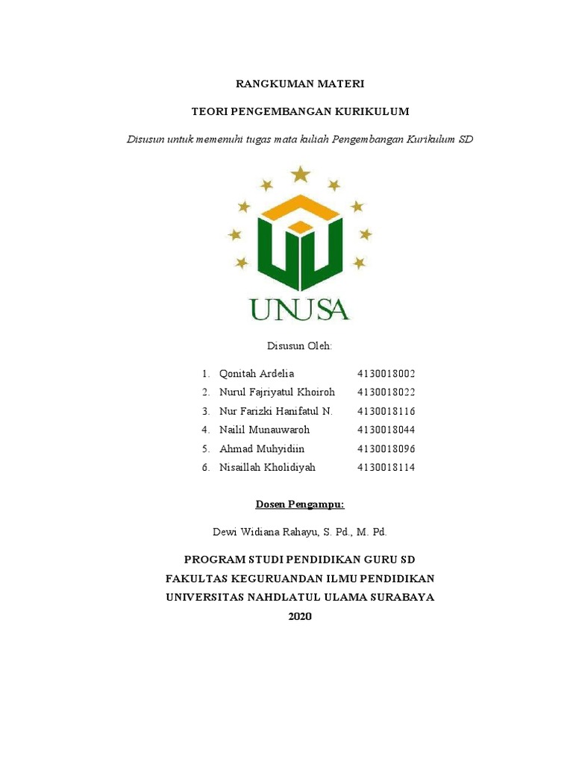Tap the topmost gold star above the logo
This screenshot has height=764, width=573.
coord(300,175)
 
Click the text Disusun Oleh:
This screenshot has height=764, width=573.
coord(299,346)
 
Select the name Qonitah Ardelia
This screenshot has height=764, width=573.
coord(257,373)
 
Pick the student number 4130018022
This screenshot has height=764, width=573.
coord(386,392)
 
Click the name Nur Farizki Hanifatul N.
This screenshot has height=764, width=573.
coord(275,411)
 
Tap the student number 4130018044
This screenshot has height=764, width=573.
coord(386,430)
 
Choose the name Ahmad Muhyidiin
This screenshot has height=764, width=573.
coord(262,449)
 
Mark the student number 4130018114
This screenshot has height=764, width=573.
coord(386,468)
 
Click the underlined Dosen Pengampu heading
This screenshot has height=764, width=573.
coord(300,505)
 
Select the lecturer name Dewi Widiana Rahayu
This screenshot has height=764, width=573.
coord(266,532)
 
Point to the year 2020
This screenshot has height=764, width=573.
coord(300,616)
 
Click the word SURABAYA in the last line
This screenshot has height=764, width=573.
coord(400,597)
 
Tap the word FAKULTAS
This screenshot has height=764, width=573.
coord(196,578)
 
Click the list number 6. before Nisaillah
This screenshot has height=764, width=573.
coord(205,468)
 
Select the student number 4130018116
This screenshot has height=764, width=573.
coord(386,411)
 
